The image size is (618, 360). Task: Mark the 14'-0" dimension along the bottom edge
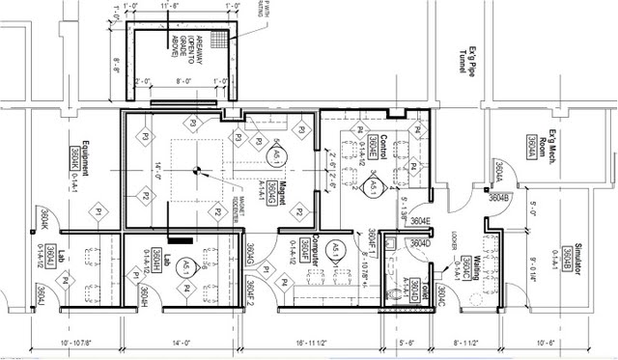pyautogui.click(x=183, y=343)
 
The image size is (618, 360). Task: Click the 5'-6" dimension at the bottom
pyautogui.click(x=406, y=343)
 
